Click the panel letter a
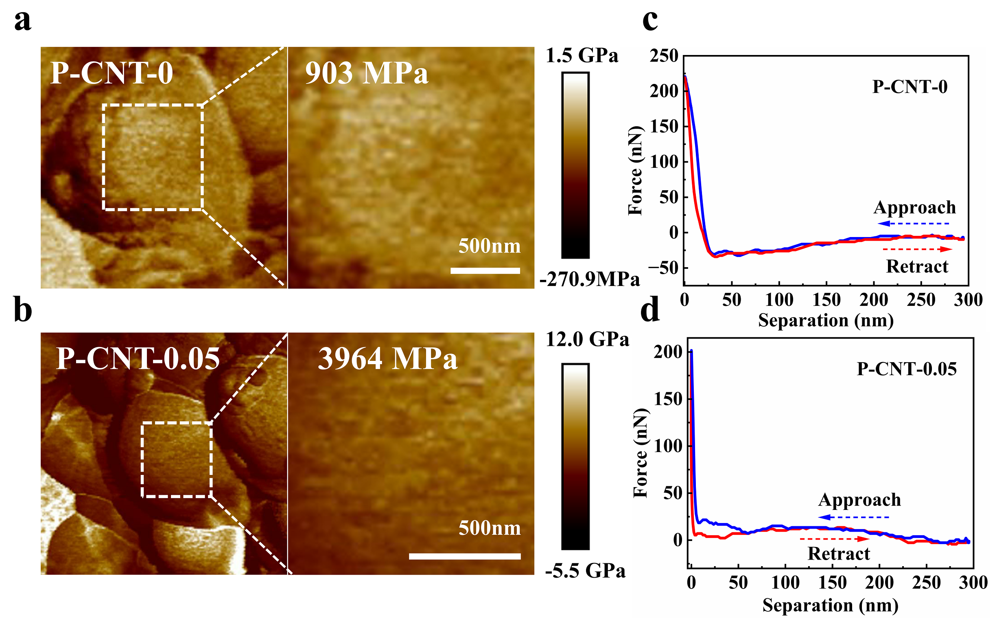(23, 21)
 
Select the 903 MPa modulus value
(367, 73)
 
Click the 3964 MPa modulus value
(387, 358)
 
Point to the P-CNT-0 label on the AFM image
(112, 73)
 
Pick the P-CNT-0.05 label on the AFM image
(138, 358)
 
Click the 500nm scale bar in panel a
(485, 271)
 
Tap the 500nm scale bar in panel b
(465, 556)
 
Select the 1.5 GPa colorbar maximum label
(582, 55)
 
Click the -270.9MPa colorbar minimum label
(590, 279)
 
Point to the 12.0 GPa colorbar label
(588, 339)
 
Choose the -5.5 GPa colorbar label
(586, 571)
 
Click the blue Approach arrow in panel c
(913, 224)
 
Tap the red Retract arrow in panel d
(834, 539)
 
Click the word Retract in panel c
(917, 267)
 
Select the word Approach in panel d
(860, 500)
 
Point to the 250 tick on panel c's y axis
(664, 56)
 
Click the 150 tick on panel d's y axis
(668, 399)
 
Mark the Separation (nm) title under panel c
(826, 320)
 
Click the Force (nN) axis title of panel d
(641, 453)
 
